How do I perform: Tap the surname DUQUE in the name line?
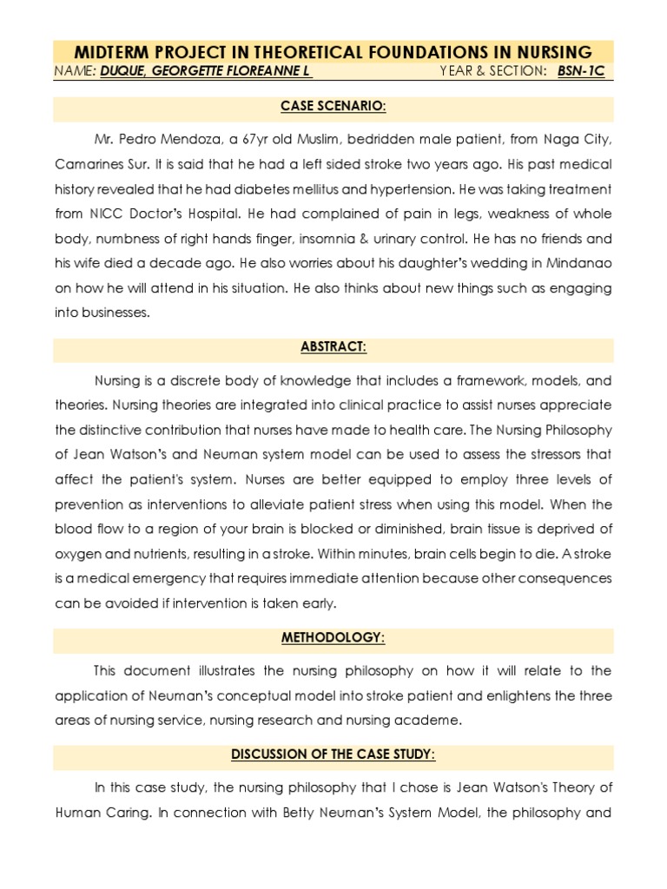click(x=126, y=71)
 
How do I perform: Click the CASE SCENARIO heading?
click(x=333, y=108)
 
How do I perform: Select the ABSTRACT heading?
click(x=333, y=347)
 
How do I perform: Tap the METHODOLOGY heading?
click(x=333, y=638)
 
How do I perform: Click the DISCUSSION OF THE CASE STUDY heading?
click(x=333, y=754)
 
